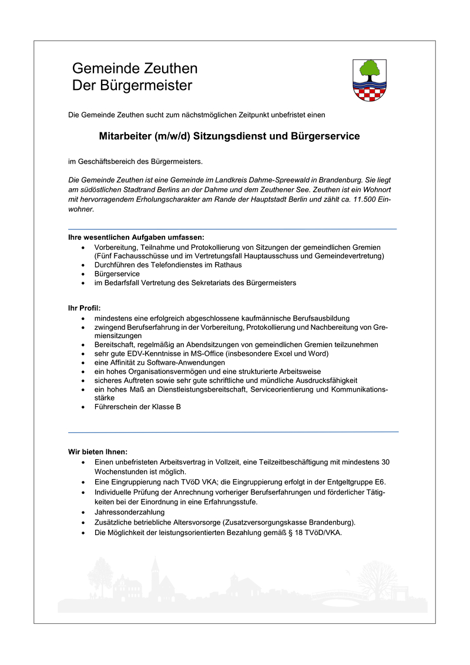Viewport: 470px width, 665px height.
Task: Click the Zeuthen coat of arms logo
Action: pos(370,81)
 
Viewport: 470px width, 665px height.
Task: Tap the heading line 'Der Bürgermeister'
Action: pos(132,86)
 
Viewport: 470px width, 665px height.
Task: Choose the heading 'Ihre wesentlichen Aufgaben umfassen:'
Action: pos(136,238)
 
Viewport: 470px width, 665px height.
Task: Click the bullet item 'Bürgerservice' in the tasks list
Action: pos(117,274)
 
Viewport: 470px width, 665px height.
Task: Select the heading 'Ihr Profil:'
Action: pos(85,308)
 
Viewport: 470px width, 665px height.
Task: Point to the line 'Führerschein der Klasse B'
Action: pos(137,407)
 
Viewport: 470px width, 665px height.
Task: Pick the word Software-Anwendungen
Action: pos(185,363)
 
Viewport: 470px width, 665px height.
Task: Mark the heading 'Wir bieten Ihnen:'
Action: pos(98,452)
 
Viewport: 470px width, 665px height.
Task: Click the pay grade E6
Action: pos(380,482)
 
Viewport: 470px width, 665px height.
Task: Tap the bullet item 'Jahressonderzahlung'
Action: pos(130,512)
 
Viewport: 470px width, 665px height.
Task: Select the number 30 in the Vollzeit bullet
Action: pos(385,462)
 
